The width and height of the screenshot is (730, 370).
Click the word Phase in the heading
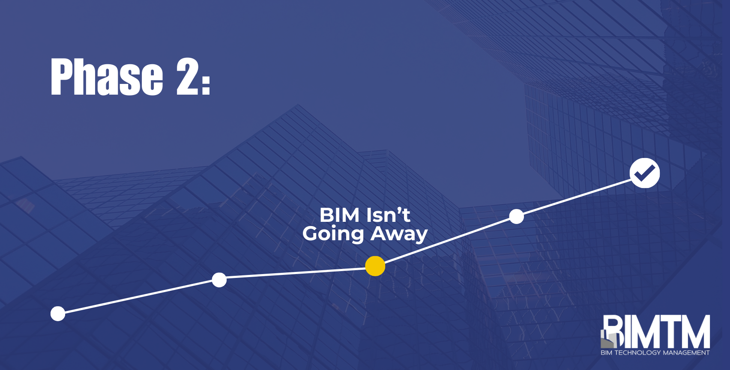(x=107, y=77)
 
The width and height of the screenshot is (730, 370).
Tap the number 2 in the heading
(x=187, y=77)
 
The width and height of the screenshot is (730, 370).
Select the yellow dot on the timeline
(x=375, y=266)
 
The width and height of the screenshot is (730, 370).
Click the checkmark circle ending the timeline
(x=645, y=173)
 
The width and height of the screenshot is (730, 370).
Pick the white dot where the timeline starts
(x=58, y=313)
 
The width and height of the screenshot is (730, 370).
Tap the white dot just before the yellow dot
(x=219, y=280)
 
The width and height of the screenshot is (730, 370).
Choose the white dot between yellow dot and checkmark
(x=517, y=217)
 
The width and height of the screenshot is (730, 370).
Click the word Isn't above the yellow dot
(x=388, y=215)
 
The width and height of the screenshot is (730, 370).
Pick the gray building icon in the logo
(x=608, y=339)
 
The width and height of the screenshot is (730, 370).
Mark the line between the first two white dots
(x=138, y=297)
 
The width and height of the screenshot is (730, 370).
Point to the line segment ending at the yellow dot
(x=296, y=273)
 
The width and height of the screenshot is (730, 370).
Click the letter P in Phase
(x=61, y=77)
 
